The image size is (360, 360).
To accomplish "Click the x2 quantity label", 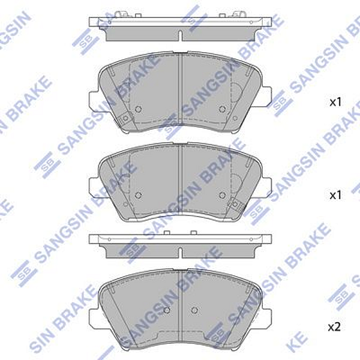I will click(334, 327).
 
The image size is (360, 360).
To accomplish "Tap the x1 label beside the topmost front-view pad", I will click(335, 102).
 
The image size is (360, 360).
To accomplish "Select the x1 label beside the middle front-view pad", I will click(335, 195).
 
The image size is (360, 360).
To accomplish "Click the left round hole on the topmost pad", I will click(138, 109).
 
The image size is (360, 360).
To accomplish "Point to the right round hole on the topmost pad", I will click(223, 109).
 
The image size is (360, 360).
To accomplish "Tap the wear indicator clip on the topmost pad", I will click(125, 120).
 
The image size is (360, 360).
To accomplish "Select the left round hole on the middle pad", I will click(138, 195).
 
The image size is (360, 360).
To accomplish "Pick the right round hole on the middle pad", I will click(223, 195).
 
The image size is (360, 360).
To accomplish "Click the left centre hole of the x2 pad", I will click(167, 310).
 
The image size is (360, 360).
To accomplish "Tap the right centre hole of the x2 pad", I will click(194, 310).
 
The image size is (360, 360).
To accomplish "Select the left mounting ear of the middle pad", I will click(95, 186).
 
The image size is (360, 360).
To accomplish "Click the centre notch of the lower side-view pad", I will click(181, 248).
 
